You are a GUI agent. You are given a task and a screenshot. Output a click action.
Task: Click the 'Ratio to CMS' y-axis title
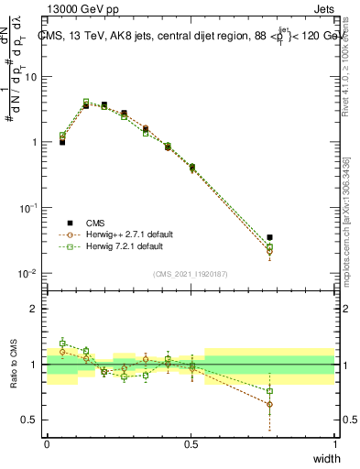(13, 364)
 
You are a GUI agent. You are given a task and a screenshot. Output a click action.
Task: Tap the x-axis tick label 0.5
(191, 444)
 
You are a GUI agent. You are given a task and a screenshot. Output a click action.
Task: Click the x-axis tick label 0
(47, 444)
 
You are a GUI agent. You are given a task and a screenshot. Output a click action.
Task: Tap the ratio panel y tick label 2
(34, 309)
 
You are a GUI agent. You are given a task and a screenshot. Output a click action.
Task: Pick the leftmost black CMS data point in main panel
(62, 142)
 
